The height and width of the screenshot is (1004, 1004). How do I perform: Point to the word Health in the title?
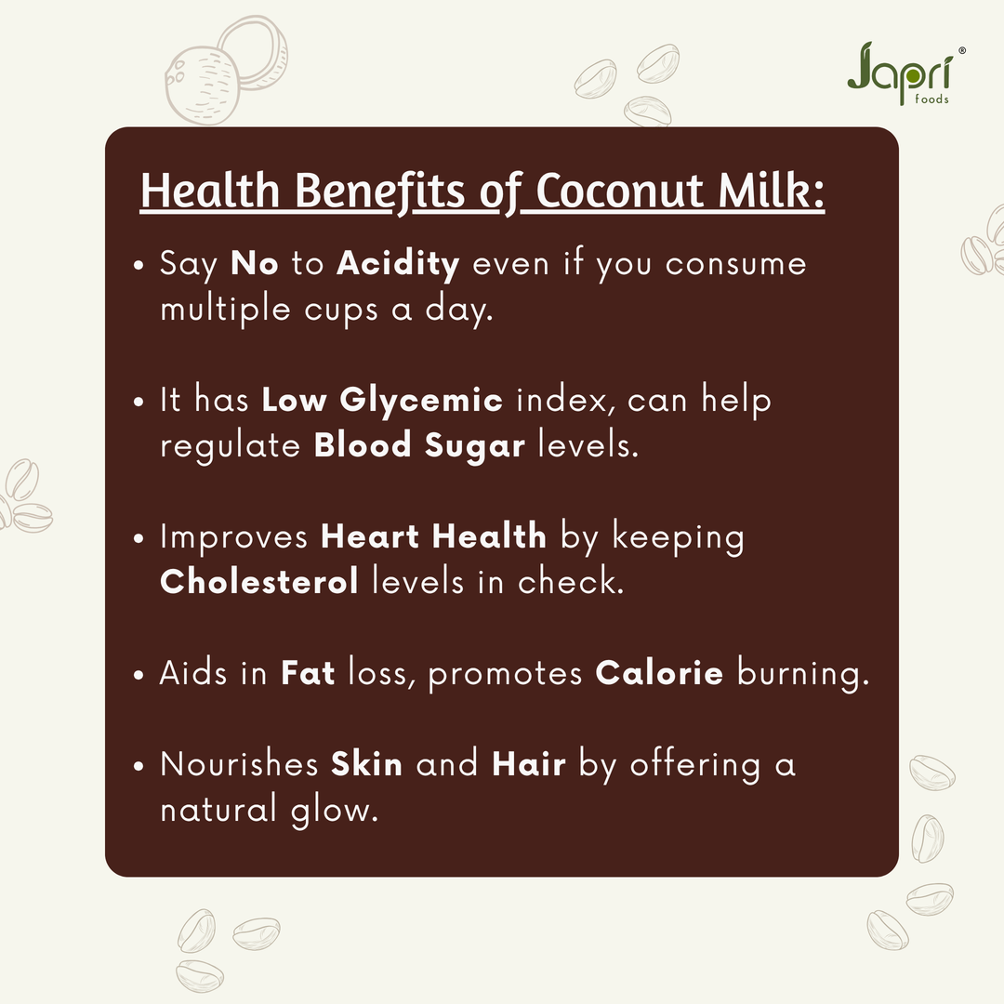(209, 191)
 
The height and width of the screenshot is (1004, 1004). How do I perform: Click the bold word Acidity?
(398, 264)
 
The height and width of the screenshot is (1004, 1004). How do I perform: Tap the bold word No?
(254, 264)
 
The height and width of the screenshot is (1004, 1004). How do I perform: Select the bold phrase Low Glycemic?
(382, 401)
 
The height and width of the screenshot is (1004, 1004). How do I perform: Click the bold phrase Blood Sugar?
(419, 445)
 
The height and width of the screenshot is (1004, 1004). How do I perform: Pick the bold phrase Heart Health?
(434, 536)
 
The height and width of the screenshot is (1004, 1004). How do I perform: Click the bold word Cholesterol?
(259, 581)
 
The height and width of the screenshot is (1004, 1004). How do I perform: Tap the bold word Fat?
(308, 673)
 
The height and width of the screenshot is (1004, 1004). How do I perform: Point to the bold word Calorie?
(659, 673)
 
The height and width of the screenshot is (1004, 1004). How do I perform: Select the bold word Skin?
(367, 764)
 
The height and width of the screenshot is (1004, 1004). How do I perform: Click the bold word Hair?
(529, 764)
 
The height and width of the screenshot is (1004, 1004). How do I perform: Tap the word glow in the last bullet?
(331, 810)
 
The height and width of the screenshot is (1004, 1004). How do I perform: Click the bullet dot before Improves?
(139, 539)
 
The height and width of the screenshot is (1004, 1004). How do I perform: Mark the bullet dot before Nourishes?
(139, 767)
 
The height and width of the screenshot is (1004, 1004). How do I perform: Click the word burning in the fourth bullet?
(802, 673)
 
